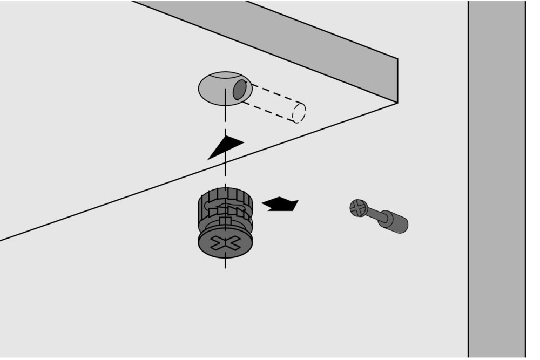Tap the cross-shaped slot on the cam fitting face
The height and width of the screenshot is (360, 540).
tap(225, 244)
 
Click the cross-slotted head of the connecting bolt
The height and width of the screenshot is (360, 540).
tap(358, 208)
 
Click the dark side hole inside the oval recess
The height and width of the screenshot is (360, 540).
tap(239, 90)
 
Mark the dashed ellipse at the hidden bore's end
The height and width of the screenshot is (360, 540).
tap(299, 113)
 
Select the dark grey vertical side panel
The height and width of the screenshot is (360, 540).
tap(496, 178)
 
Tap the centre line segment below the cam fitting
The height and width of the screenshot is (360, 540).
tap(225, 263)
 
